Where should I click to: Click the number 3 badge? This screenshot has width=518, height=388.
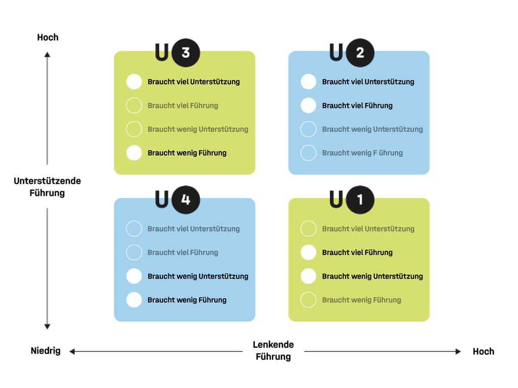pos(185,53)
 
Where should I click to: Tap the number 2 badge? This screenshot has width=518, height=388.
pos(360,53)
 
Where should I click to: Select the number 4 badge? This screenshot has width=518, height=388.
pos(185,200)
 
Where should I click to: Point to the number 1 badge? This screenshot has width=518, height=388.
pos(360,200)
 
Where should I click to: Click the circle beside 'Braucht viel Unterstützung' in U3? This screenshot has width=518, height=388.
pos(134,82)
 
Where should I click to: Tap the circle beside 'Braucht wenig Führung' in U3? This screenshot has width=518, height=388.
pos(134,153)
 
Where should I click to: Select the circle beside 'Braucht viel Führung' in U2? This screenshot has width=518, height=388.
pos(308,106)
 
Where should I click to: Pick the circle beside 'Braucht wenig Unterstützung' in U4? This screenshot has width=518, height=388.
pos(134,276)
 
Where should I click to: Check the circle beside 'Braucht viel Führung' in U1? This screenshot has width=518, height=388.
pos(308,252)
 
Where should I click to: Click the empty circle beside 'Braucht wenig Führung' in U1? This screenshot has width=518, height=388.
pos(308,300)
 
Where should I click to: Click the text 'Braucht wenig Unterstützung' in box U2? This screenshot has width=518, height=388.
pos(372,129)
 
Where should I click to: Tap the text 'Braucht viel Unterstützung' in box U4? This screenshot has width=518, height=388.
pos(194,229)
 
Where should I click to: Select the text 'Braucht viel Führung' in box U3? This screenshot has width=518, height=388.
pos(183,106)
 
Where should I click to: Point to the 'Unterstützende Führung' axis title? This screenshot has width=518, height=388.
pos(47,186)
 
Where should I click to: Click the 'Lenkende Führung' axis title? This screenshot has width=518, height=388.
pos(273,351)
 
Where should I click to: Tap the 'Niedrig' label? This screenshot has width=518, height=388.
pos(45,351)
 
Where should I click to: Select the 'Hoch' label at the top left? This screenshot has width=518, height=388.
pos(48,37)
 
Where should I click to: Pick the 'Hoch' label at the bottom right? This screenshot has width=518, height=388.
pos(483,351)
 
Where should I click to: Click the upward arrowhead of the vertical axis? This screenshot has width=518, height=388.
pos(48,54)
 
